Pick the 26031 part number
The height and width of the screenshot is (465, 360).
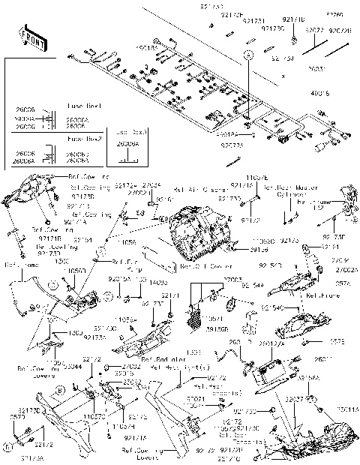[317, 68]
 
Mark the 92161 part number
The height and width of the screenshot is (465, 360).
[330, 246]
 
